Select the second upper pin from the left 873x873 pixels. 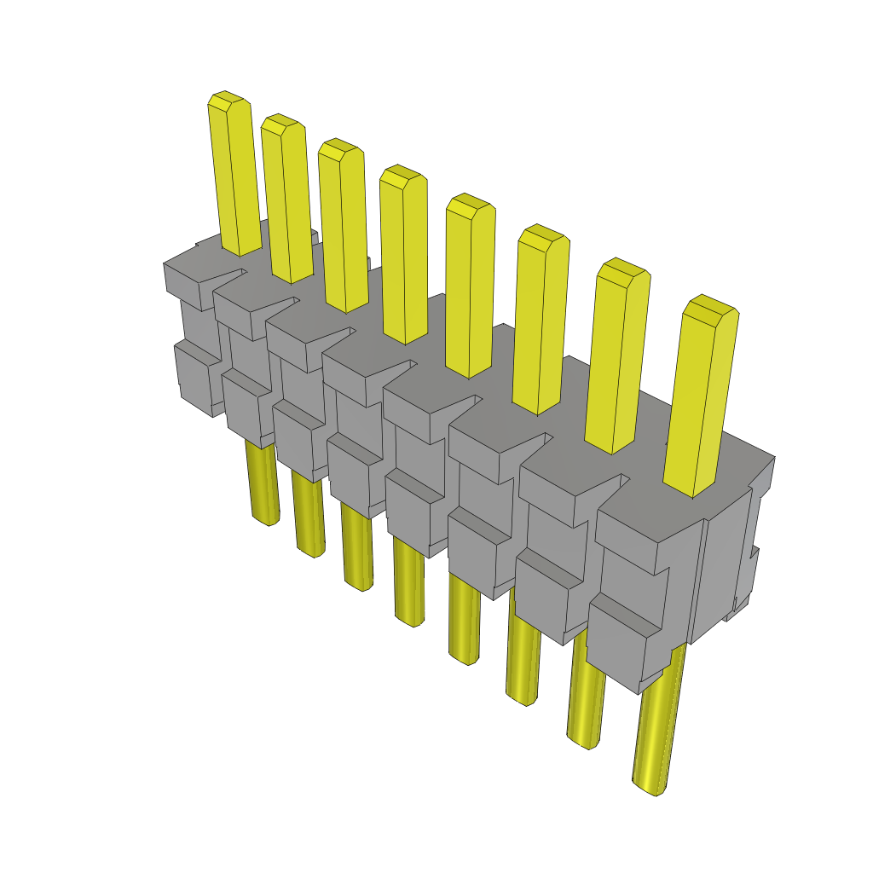[x=287, y=205]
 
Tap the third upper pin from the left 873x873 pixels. [x=344, y=230]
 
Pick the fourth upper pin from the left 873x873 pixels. [x=404, y=260]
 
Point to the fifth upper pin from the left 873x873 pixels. [x=470, y=290]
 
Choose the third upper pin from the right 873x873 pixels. [x=541, y=324]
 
